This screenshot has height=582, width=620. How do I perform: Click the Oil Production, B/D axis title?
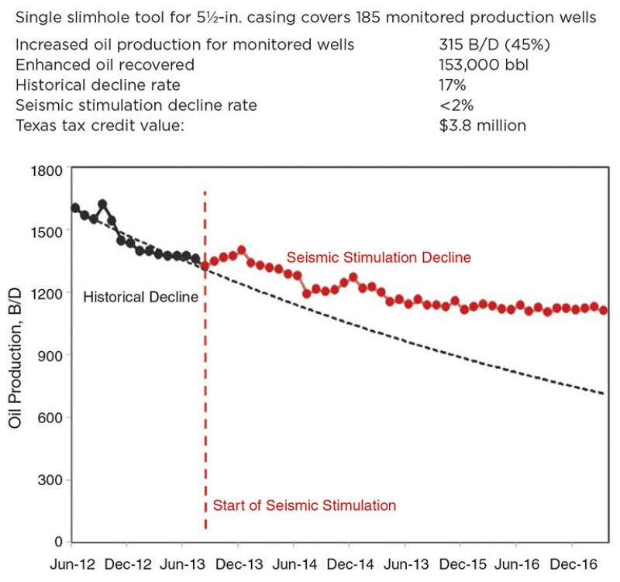14,355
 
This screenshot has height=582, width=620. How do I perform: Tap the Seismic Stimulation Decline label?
378,257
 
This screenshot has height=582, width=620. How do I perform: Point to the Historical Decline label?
140,296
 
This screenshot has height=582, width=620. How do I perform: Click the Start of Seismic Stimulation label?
304,505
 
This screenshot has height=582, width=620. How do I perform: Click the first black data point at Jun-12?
75,208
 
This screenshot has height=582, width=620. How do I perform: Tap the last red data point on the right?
603,310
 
